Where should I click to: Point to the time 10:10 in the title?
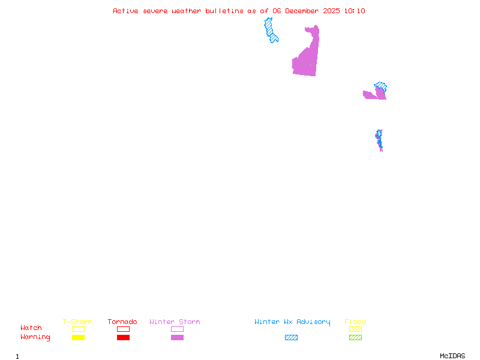coord(355,11)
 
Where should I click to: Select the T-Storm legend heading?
coord(77,322)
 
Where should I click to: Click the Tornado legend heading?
coord(122,322)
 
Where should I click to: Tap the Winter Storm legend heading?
coord(175,322)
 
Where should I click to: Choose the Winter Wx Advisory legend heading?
coord(292,322)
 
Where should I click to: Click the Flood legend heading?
coord(355,322)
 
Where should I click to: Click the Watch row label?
coord(31,328)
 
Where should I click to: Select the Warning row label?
coord(35,337)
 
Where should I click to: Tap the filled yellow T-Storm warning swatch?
coord(78,337)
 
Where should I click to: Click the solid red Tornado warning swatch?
coord(123,337)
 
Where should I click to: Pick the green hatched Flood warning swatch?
coord(355,337)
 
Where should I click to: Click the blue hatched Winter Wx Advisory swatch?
coord(291,337)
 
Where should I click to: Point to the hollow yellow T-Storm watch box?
coord(78,329)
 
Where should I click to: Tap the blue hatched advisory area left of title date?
coord(271,30)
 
